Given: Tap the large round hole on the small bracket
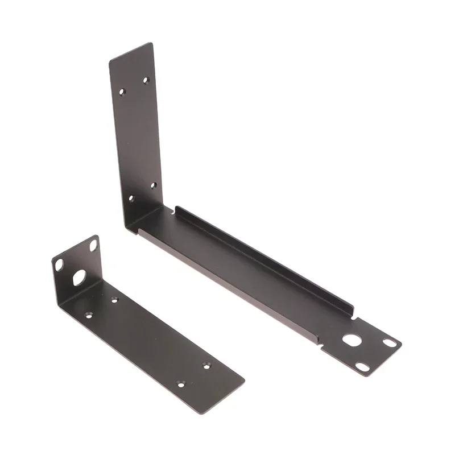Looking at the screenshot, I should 78,277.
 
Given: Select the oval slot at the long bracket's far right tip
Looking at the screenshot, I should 390,342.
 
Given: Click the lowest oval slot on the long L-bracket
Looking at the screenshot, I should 363,367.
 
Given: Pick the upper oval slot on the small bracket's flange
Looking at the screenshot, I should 93,246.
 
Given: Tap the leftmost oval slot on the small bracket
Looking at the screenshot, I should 59,264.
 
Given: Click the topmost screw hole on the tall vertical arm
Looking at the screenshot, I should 146,80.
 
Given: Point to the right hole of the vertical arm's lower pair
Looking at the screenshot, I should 153,185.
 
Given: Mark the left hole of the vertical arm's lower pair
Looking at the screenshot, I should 131,198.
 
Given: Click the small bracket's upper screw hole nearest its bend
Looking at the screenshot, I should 114,299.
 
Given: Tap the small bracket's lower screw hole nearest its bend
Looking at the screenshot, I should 89,314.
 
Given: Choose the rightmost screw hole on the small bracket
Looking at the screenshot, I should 206,365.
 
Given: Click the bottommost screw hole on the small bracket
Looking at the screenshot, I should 181,384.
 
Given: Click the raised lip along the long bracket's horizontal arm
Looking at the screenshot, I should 262,256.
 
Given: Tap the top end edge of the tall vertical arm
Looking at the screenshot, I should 131,50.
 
